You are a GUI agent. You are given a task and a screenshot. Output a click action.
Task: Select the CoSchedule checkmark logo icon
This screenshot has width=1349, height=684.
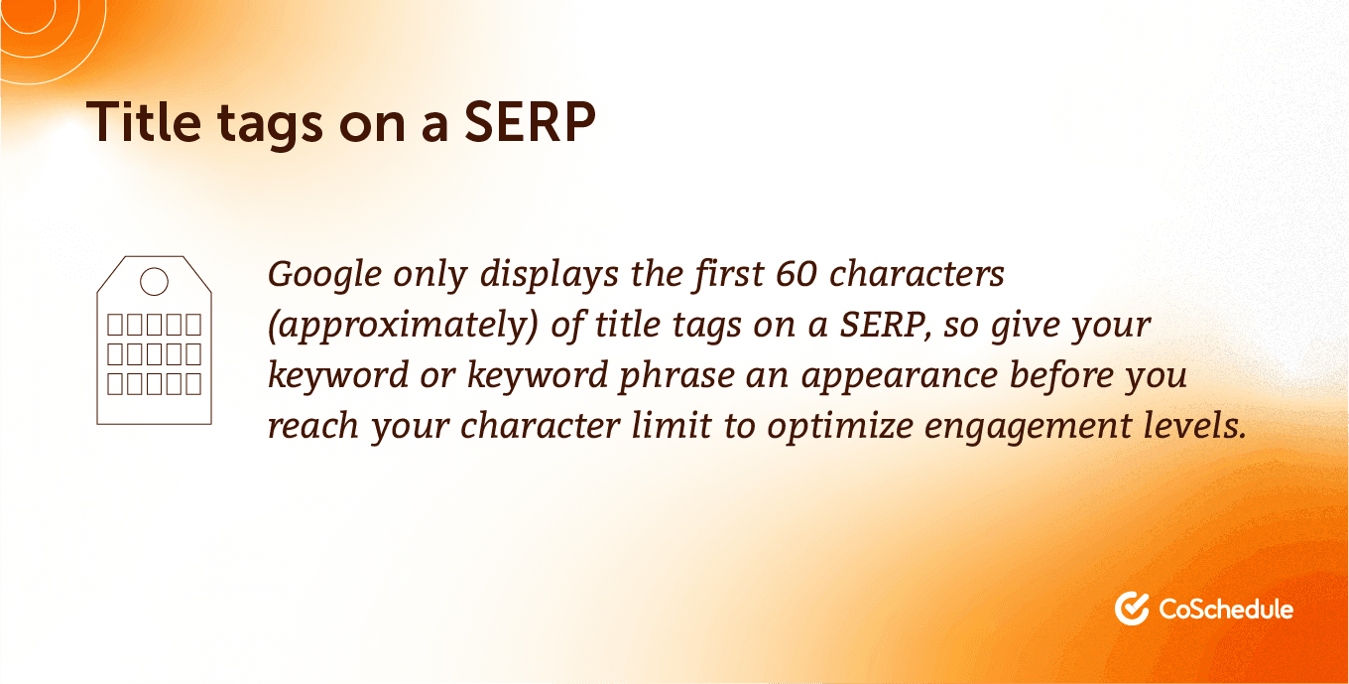(1131, 608)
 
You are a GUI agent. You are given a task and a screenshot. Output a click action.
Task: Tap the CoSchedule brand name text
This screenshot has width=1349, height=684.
(1226, 608)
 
